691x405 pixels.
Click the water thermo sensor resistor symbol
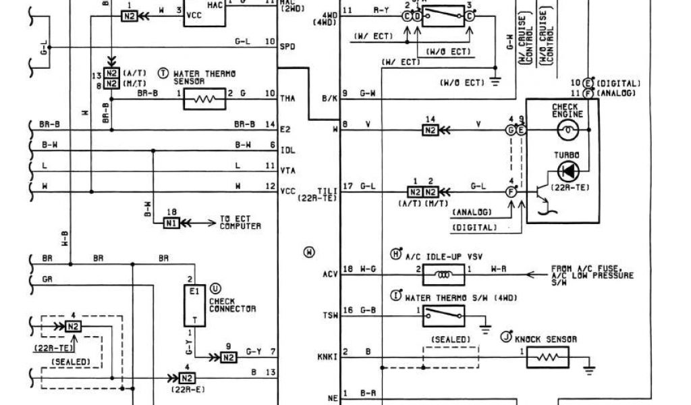203,101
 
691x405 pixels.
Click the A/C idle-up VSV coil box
443,275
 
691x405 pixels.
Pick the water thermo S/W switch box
443,313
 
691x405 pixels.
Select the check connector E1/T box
194,306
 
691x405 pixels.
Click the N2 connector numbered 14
430,130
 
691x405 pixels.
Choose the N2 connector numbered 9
229,356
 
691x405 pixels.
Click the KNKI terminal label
327,356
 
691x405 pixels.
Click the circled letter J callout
505,335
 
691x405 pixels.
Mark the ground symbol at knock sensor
589,369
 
